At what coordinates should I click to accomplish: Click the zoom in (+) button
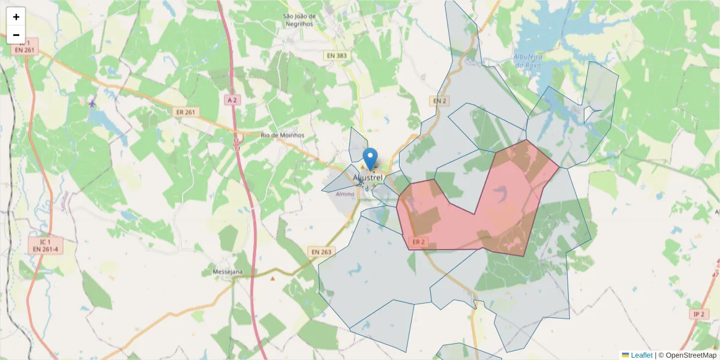(16, 17)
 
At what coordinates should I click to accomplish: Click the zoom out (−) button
(16, 35)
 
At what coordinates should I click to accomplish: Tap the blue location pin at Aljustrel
(371, 158)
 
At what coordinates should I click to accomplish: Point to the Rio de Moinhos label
(283, 135)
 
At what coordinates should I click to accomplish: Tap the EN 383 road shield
(336, 56)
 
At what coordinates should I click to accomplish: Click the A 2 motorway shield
(233, 100)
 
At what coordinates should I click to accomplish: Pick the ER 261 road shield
(186, 112)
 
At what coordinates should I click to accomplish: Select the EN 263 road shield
(322, 251)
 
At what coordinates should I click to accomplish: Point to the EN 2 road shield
(440, 100)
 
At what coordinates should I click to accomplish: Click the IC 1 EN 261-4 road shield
(46, 245)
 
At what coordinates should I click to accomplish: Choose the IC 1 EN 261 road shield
(25, 47)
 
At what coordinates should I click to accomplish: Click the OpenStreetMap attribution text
(687, 355)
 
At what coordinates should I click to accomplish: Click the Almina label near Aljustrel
(345, 194)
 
